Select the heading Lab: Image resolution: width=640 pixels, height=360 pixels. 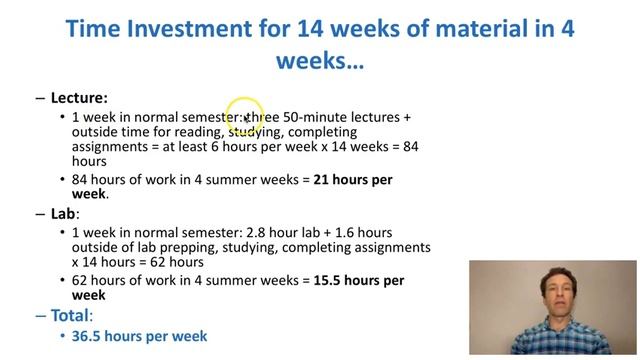tap(65, 214)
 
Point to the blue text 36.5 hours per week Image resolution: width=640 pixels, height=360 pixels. tap(139, 337)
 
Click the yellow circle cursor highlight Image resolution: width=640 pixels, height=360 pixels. tap(244, 116)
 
